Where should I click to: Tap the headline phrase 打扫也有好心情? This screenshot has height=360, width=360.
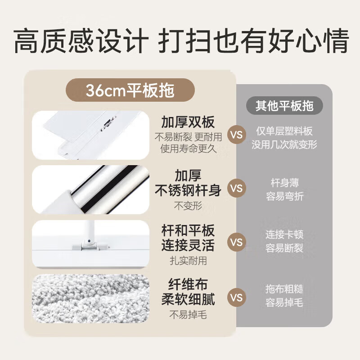tap(252, 41)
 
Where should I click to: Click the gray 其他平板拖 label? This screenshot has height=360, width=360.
tap(284, 106)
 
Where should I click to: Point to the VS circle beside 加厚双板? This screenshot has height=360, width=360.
tap(236, 135)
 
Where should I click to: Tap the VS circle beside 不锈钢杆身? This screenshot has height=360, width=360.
tap(236, 188)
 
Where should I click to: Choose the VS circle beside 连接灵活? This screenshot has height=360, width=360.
tap(236, 242)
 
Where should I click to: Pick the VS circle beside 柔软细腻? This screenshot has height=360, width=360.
tap(236, 297)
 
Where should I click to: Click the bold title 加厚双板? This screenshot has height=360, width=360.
tap(188, 122)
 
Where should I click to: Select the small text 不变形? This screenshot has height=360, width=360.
tap(188, 207)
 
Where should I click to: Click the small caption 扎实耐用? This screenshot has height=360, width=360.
tap(188, 261)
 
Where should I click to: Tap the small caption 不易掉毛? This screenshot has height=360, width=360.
tap(188, 315)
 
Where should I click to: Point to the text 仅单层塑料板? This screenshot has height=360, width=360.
tap(284, 131)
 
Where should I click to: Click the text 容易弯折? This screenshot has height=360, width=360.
tap(284, 197)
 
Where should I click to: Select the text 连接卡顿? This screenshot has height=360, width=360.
tap(284, 235)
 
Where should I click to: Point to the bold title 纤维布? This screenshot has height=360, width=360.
tap(188, 284)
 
